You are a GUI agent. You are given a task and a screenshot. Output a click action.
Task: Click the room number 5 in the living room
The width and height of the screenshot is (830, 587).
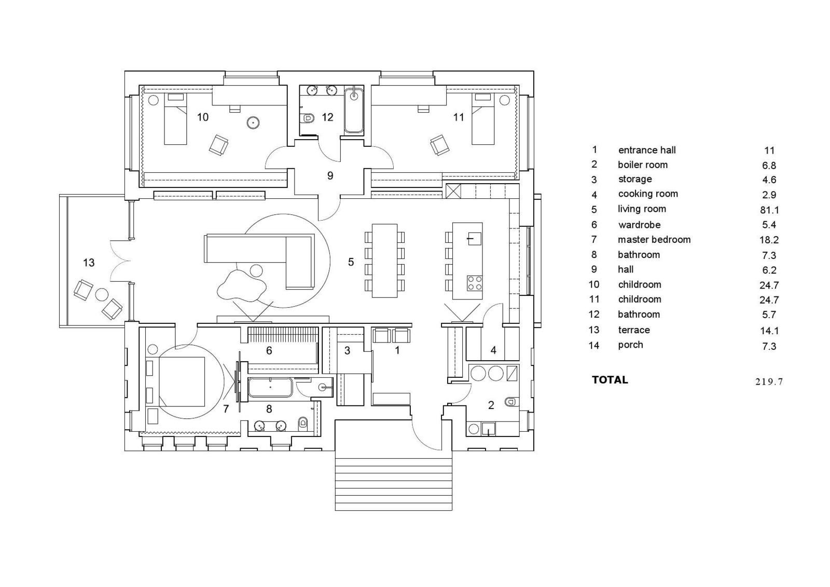pos(351,262)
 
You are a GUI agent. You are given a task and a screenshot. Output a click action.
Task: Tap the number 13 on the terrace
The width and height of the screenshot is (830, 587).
pos(89,263)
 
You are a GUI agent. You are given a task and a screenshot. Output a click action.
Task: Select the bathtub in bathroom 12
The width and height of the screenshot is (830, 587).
pos(354,110)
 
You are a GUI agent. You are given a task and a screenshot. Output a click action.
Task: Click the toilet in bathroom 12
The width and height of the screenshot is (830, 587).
pos(307,118)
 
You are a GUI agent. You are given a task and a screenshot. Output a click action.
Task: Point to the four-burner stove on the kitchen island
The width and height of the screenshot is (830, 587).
pos(474,283)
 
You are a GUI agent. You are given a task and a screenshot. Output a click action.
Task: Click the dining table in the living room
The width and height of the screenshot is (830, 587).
pos(384,261)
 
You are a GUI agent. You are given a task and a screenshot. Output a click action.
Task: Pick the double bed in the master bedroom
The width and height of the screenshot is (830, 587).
pos(182,381)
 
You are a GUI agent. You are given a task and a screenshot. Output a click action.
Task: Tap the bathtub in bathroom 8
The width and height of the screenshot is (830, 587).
pos(270,388)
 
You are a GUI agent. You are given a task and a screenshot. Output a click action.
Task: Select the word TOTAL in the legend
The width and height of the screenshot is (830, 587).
pos(610,380)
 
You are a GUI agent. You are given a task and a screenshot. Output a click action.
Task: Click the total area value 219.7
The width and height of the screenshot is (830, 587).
pos(769,381)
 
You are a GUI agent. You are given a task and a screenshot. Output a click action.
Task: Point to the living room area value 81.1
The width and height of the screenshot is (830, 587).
pos(769,210)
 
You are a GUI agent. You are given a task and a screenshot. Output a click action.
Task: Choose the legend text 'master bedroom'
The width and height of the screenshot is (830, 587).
pos(654,240)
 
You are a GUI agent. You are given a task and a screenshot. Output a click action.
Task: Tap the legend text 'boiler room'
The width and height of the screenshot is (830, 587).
pos(643,165)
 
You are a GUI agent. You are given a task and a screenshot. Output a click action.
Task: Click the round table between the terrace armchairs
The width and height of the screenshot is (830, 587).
pos(101,294)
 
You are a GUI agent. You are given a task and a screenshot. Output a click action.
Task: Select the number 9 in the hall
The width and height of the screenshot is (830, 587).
pos(330,175)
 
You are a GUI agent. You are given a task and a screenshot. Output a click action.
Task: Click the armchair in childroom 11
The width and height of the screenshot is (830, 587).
pos(440,145)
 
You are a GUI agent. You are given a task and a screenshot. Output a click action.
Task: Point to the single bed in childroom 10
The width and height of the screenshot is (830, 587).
pos(175,119)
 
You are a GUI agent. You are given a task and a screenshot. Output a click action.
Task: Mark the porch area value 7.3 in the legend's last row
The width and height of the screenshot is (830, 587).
pos(769,346)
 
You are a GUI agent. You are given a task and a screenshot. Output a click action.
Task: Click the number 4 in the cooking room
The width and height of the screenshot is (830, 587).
pos(493,350)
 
